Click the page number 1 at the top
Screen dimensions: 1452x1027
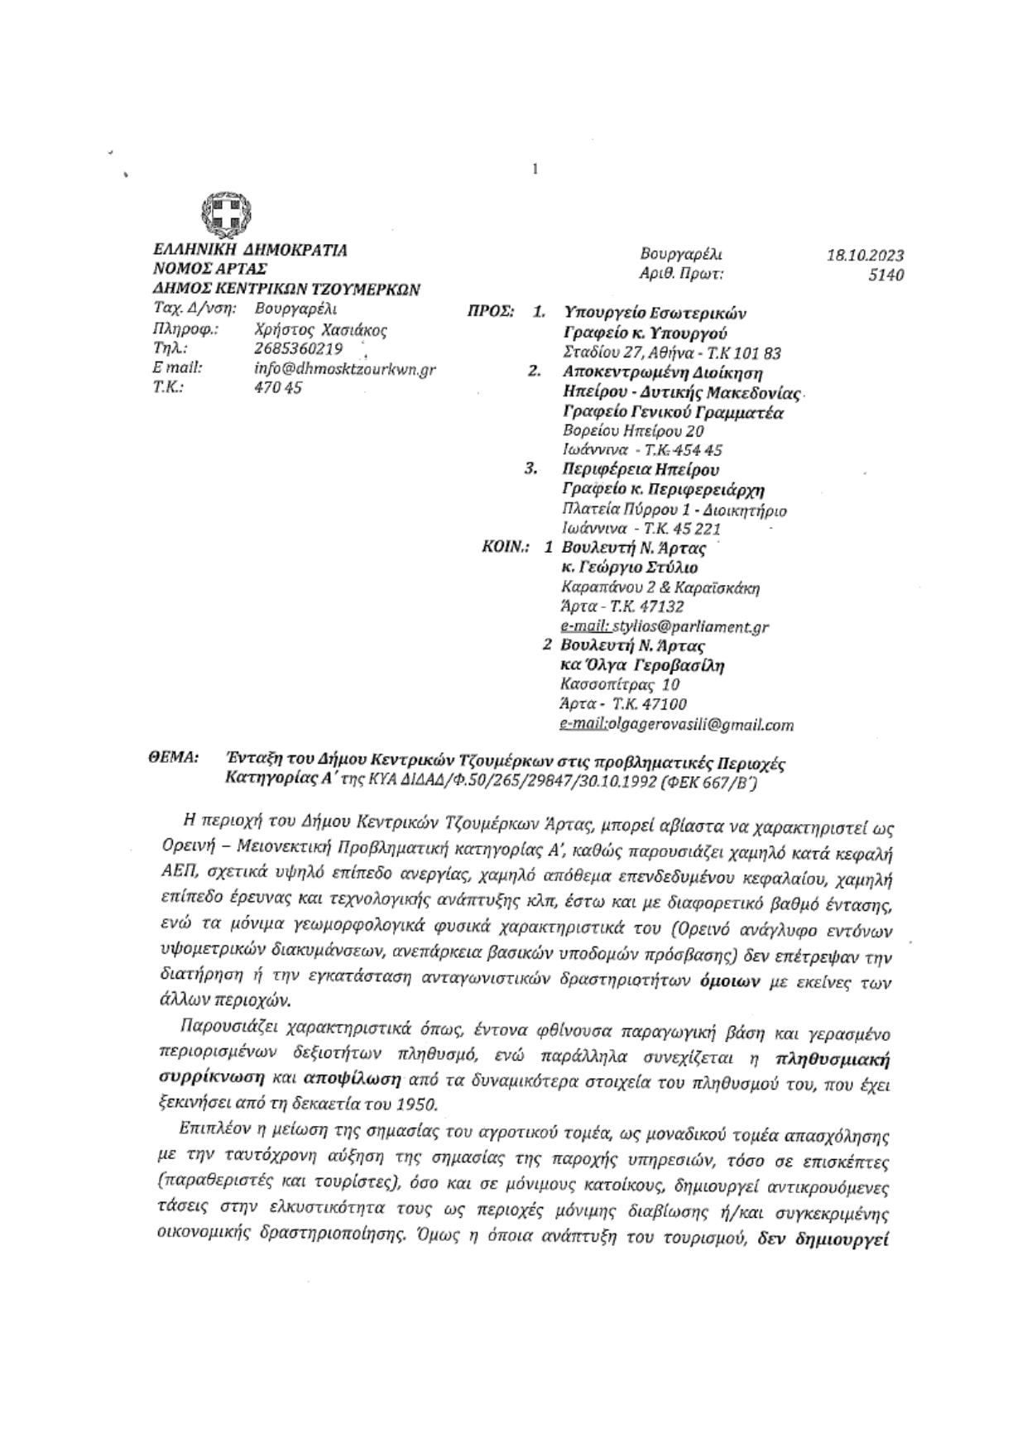(x=535, y=170)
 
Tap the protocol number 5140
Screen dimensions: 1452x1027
(x=885, y=275)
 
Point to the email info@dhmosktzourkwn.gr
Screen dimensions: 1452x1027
(x=344, y=369)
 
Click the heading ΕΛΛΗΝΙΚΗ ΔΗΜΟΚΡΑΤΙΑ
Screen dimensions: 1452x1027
(x=251, y=250)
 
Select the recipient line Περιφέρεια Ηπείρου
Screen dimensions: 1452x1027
(x=641, y=470)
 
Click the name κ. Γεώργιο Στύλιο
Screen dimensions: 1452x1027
(x=629, y=568)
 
